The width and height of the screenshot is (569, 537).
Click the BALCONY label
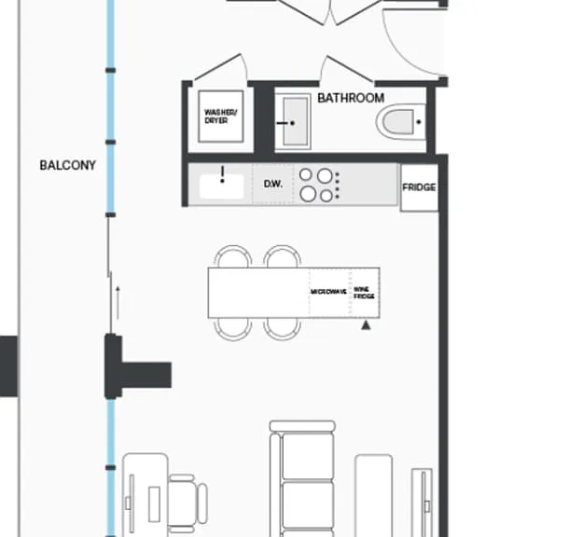coord(67,165)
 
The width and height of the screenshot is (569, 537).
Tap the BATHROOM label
coord(351,98)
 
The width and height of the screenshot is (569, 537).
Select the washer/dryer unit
coord(221,117)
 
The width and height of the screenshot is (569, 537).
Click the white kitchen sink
coord(221,186)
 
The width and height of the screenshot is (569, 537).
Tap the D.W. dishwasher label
coord(273,185)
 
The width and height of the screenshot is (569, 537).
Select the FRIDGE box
coord(419,187)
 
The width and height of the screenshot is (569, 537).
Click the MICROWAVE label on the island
coord(328,292)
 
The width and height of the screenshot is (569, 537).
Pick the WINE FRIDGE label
coord(364,293)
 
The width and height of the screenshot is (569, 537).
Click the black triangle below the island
coord(366,325)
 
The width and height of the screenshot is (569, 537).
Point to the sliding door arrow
coord(118,303)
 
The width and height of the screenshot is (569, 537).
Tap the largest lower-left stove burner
coord(308,193)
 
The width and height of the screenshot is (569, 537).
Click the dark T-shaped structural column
coord(137,366)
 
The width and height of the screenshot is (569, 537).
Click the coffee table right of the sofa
coord(373,495)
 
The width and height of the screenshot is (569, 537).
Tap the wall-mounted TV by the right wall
coord(422,503)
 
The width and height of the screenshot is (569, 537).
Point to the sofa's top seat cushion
coord(308,456)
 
